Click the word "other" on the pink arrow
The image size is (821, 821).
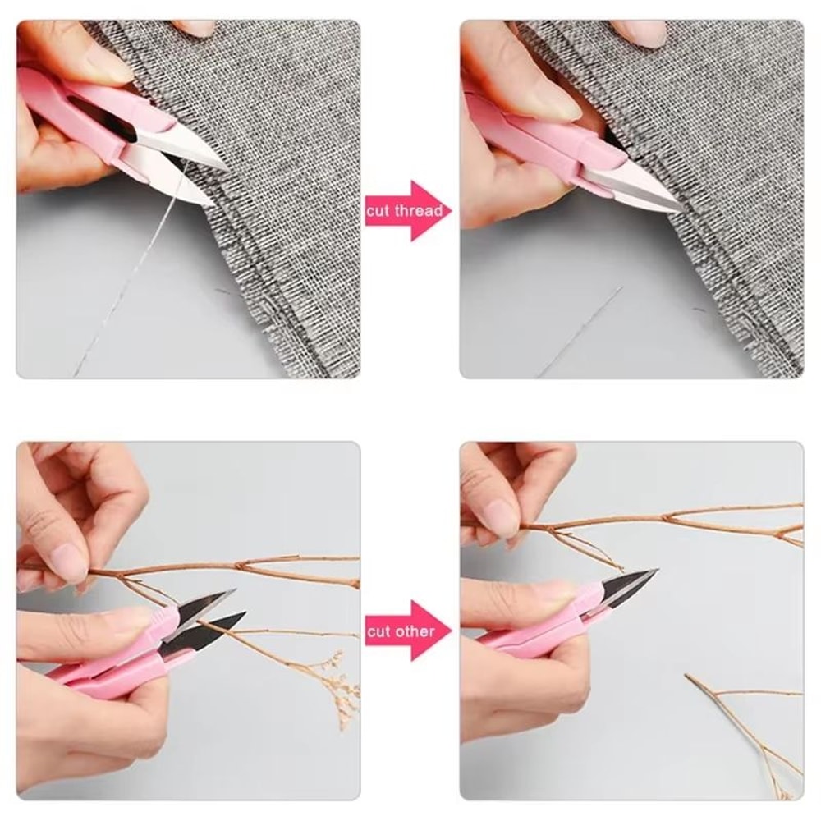[414, 631]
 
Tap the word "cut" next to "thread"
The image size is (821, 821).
[379, 211]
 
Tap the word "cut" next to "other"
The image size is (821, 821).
[378, 631]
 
